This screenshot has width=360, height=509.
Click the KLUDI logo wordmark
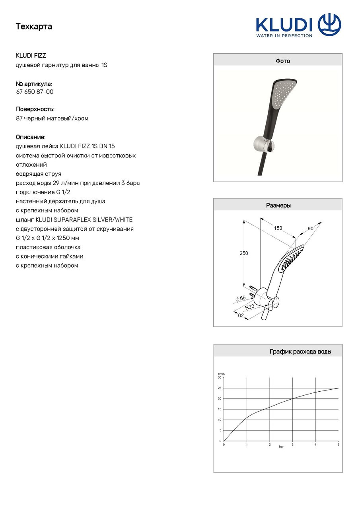coord(284,24)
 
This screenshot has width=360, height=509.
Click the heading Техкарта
coord(34,27)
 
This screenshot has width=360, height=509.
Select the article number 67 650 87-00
coord(35,92)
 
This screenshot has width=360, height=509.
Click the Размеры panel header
coord(278,206)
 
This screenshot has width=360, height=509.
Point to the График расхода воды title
coord(300,352)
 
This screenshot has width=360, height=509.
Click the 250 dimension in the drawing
coord(243,253)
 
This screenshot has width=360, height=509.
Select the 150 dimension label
coord(278,228)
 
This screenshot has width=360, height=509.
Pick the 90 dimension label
coord(311,228)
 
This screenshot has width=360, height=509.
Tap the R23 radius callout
coord(249,307)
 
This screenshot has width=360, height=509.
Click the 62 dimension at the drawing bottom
coord(241,315)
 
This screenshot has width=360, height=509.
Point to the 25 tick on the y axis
coord(220,388)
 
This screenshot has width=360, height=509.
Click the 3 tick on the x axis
coord(292,445)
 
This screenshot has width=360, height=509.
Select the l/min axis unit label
coord(221,374)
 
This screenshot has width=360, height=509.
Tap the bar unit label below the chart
coord(281,447)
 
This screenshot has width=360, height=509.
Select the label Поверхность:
coord(35,109)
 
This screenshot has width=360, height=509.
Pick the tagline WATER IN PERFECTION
coord(284,35)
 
